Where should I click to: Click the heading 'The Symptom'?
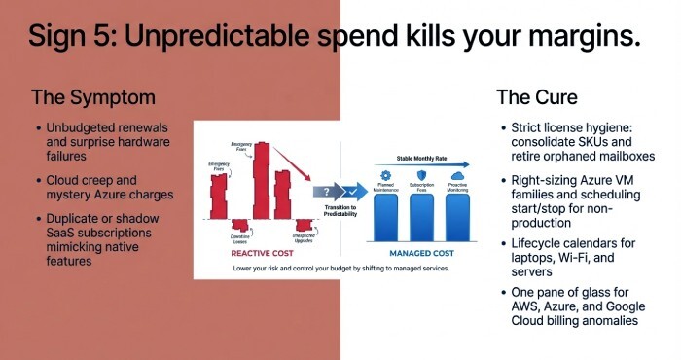(93, 97)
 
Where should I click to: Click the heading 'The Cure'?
(537, 97)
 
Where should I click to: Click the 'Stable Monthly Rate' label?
(421, 156)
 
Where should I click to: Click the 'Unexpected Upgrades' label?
(304, 236)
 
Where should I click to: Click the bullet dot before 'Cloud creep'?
(37, 181)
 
